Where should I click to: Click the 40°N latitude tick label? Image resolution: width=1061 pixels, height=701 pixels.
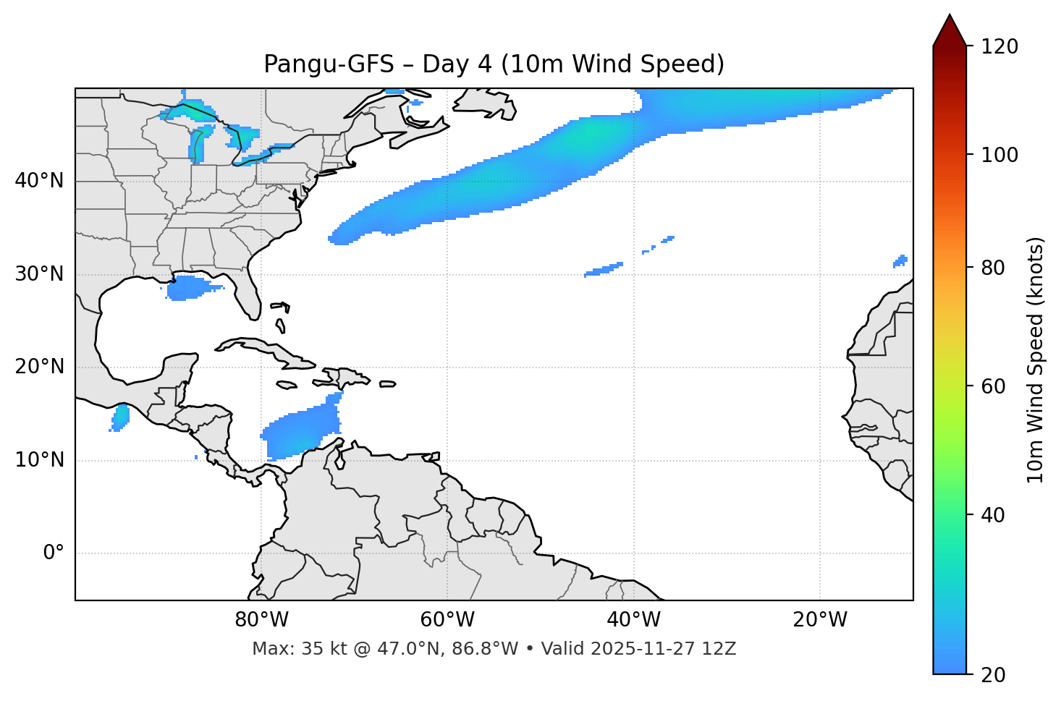tap(39, 181)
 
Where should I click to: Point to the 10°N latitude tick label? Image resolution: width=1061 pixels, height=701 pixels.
tap(39, 460)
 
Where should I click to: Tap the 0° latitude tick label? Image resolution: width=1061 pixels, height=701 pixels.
tap(54, 553)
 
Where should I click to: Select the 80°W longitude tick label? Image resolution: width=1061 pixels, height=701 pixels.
tap(261, 620)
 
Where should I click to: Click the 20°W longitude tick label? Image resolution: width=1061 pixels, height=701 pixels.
tap(820, 620)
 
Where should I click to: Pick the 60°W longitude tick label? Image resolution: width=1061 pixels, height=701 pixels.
tap(447, 620)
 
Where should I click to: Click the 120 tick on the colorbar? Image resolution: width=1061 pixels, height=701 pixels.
tap(999, 47)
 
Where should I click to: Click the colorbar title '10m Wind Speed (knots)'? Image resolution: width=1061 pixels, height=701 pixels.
tap(1036, 360)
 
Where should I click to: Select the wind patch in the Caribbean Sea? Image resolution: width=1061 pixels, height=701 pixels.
tap(300, 433)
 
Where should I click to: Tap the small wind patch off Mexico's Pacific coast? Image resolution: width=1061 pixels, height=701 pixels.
tap(120, 417)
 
